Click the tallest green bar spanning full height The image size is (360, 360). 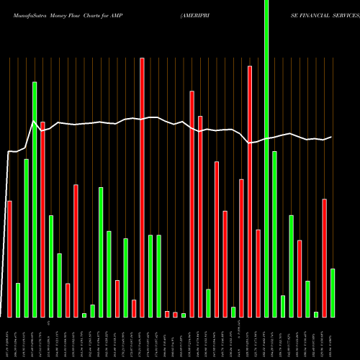point(266,158)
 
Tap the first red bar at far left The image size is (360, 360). point(9,259)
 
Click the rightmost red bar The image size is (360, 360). point(325,258)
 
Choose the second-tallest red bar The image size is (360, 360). point(250,192)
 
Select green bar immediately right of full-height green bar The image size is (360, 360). point(274,234)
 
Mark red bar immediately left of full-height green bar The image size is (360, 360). point(258,274)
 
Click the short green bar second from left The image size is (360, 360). point(18,300)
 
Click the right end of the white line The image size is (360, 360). point(331,137)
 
